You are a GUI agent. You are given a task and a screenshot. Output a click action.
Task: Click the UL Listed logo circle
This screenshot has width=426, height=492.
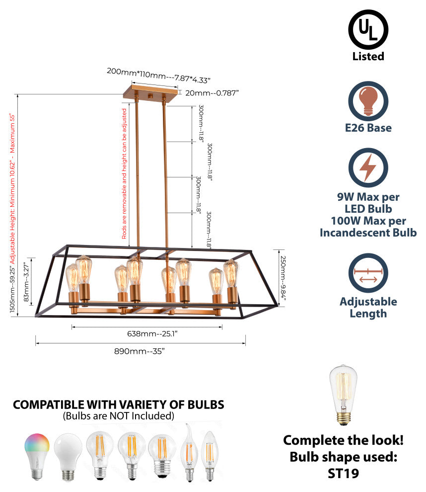click(368, 29)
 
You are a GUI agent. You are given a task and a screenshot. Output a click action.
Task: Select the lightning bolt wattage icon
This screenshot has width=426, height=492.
click(368, 167)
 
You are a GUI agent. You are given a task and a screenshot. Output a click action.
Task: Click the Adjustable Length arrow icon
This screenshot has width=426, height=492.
click(368, 274)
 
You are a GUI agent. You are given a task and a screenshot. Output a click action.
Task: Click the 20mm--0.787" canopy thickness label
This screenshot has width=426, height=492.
click(212, 92)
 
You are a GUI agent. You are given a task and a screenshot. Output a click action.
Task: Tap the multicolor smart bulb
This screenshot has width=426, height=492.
click(37, 455)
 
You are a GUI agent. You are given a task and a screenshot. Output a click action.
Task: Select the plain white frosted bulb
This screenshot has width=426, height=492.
click(68, 456)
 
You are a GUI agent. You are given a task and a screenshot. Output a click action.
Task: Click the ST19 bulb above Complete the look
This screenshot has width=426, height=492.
click(344, 395)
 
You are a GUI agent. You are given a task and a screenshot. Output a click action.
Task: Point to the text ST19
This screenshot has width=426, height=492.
click(343, 473)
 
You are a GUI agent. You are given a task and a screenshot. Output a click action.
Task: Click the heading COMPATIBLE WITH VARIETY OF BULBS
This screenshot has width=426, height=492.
click(118, 405)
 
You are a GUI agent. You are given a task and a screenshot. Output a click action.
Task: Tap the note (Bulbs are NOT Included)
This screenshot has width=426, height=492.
click(118, 415)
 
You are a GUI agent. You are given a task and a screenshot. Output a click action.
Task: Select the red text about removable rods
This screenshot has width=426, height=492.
click(124, 174)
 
